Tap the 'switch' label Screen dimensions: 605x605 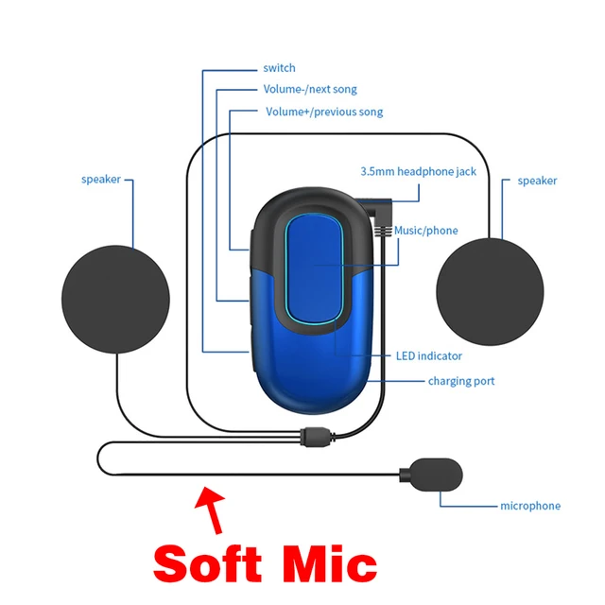coord(279,68)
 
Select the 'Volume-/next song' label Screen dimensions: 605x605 coord(309,90)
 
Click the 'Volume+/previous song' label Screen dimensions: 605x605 coord(324,112)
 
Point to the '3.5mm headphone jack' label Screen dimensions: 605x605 coord(418,171)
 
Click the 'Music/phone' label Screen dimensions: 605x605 coord(425,230)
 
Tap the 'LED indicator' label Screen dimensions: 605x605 coord(428,356)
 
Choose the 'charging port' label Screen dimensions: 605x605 coord(461,381)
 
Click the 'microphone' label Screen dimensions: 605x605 coord(529,506)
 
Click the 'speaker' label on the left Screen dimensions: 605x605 coord(100,180)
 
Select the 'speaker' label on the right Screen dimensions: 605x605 coord(537,181)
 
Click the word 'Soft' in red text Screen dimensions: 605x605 coord(208,563)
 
